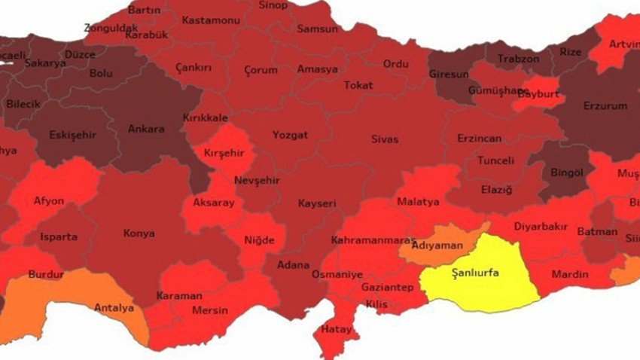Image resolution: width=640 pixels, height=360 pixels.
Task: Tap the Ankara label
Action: [146, 129]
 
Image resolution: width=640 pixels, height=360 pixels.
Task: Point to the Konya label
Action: [140, 233]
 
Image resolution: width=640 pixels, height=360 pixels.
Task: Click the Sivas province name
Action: [385, 140]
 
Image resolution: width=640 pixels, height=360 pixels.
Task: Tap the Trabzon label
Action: [518, 59]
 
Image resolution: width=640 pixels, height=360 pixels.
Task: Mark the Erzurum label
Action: [605, 106]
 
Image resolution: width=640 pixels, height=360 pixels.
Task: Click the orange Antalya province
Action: [113, 307]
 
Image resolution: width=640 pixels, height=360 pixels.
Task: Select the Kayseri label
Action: [316, 204]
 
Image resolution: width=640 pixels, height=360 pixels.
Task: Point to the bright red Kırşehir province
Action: [224, 154]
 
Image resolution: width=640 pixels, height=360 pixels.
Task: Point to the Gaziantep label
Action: [386, 288]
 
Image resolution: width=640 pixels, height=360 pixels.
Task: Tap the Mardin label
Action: [569, 274]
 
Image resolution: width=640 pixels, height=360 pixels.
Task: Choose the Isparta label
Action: [58, 237]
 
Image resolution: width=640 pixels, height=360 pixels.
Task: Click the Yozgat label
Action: [291, 136]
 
